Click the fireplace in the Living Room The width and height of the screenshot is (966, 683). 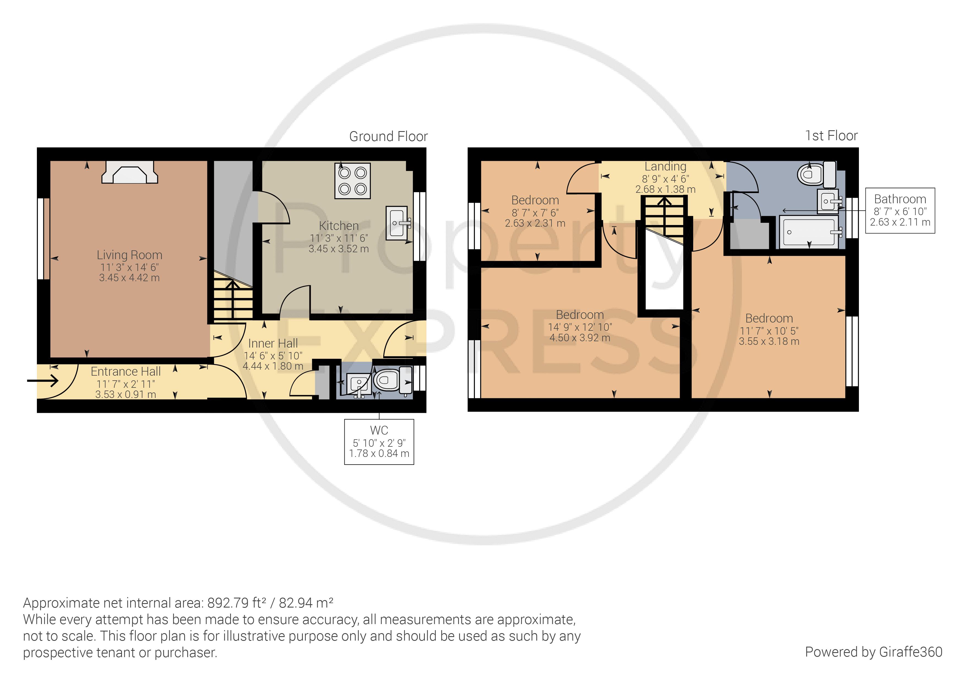[x=130, y=172]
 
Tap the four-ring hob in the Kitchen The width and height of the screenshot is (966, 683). [x=353, y=181]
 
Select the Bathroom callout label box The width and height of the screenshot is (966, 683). [x=900, y=210]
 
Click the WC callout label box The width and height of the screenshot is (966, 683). [x=379, y=442]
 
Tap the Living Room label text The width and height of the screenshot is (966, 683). [x=130, y=255]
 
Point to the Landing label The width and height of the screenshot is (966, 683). [x=665, y=167]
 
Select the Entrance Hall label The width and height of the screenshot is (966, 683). [x=126, y=372]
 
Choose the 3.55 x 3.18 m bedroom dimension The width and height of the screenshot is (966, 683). [x=769, y=341]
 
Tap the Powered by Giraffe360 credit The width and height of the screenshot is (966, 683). [x=874, y=652]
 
